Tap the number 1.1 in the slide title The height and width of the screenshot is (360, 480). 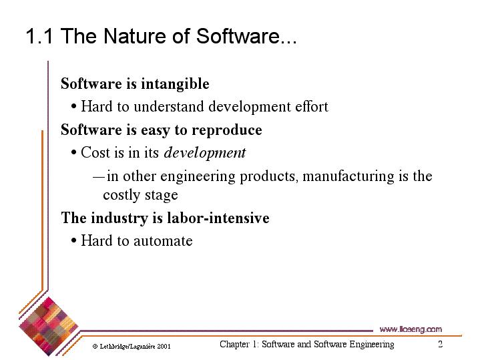point(39,36)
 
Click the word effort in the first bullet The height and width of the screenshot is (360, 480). point(312,106)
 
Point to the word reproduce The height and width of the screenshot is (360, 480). point(227,130)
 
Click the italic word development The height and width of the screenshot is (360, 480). point(205,153)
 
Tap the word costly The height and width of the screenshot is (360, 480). point(122,195)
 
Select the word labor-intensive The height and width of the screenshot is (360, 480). point(218,218)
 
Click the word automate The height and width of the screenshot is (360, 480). point(163,241)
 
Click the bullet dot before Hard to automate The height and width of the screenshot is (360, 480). point(73,241)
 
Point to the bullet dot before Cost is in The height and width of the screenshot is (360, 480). point(73,152)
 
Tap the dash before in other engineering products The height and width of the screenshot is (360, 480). point(99,177)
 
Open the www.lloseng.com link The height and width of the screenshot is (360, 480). point(411,329)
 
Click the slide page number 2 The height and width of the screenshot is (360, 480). point(440,344)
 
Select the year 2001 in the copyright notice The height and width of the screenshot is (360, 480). point(164,347)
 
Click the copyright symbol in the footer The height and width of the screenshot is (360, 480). point(95,347)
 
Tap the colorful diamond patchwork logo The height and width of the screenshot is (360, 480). point(49,327)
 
